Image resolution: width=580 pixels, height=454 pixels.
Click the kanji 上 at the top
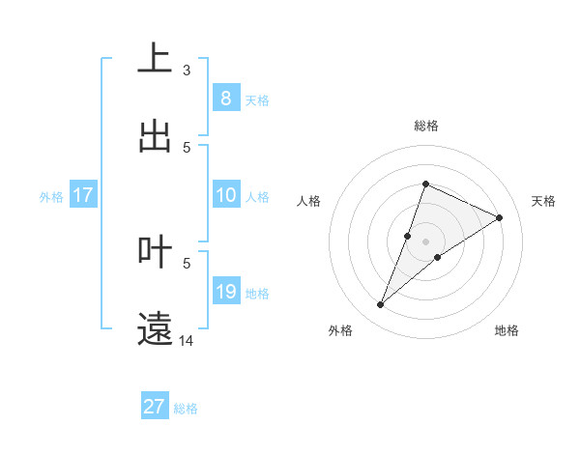[155, 58]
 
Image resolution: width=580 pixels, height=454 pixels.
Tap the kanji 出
[155, 136]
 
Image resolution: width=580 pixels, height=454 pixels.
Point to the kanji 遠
[155, 329]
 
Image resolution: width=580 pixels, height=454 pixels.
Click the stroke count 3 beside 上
[187, 70]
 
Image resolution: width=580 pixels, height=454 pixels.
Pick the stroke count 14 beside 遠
[188, 341]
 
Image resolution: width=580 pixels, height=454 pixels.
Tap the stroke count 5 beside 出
[187, 147]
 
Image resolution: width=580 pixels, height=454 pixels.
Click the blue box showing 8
[225, 99]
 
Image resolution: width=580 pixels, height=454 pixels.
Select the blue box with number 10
[225, 195]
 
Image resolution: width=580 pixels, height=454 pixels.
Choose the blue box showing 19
[225, 292]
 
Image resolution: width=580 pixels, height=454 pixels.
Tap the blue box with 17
[82, 195]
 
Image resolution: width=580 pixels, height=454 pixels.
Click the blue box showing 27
[155, 407]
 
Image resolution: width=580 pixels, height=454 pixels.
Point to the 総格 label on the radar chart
[426, 126]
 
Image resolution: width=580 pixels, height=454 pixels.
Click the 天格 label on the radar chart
[544, 201]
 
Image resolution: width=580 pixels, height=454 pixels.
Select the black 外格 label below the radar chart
[340, 330]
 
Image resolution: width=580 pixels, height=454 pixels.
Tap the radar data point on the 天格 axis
[499, 217]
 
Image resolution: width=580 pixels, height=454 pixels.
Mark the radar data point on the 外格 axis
[381, 305]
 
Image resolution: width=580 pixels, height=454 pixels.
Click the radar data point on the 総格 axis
[425, 184]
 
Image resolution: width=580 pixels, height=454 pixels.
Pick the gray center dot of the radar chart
[426, 241]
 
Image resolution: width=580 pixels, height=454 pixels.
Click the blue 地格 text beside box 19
[257, 293]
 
